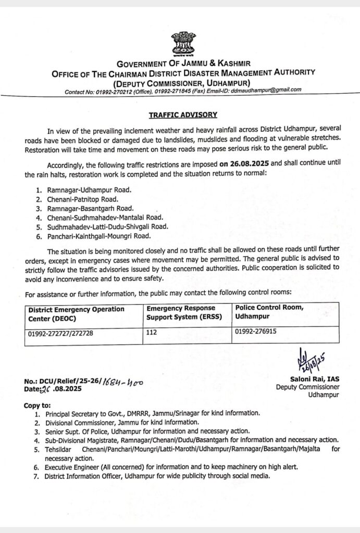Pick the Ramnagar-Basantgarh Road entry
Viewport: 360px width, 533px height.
pos(82,208)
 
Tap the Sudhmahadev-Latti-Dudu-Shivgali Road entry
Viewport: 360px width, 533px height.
pos(106,226)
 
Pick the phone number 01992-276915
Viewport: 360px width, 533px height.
pos(255,331)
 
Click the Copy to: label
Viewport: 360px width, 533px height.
pos(38,405)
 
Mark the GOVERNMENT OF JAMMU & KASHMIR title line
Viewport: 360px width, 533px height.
pos(183,64)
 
